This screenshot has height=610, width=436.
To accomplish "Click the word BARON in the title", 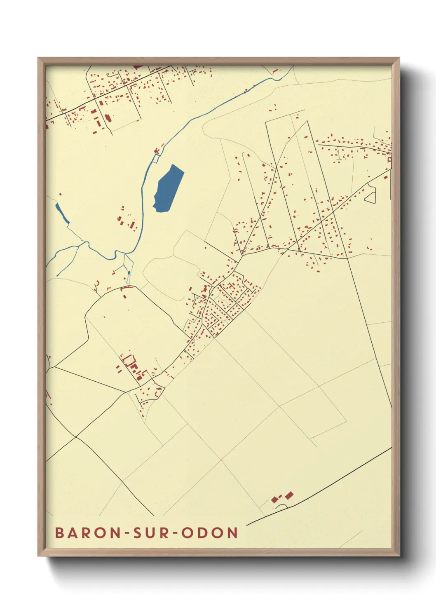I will pyautogui.click(x=87, y=533).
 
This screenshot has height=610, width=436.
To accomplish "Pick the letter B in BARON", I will pyautogui.click(x=59, y=533).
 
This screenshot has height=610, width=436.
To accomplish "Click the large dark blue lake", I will pyautogui.click(x=169, y=188).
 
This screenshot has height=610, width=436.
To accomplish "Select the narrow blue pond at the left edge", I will pyautogui.click(x=62, y=213).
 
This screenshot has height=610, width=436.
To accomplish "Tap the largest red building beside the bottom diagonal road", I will pyautogui.click(x=289, y=495).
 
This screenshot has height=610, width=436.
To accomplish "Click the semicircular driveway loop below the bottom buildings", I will pyautogui.click(x=281, y=506).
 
